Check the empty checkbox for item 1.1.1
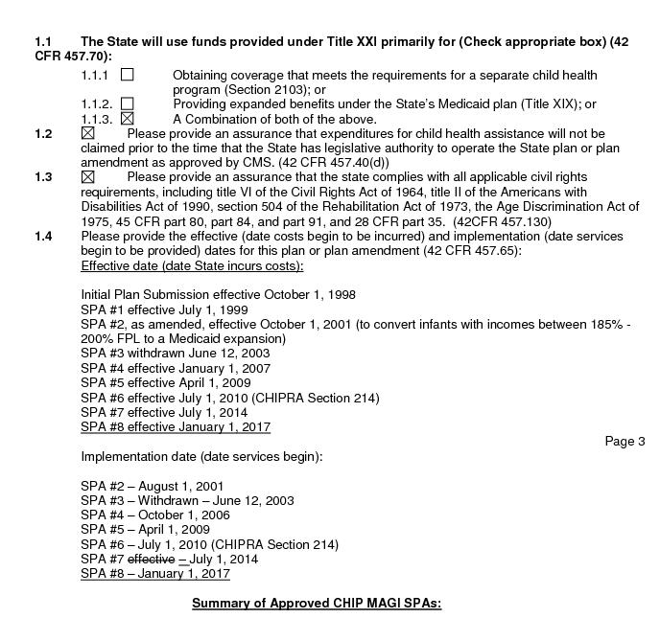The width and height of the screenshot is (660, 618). pos(127,75)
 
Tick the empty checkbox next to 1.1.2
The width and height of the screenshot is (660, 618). pos(127,103)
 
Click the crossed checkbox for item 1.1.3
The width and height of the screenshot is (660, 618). pos(127,119)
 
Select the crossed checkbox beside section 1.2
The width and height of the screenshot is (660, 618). pos(88,134)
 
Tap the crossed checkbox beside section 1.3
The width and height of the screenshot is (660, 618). pos(88,177)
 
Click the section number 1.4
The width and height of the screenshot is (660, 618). pos(43,237)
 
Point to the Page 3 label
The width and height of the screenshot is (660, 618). pos(625,442)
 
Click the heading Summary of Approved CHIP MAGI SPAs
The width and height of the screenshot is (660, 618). pos(316,604)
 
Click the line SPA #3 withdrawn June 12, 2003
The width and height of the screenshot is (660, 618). pos(175,354)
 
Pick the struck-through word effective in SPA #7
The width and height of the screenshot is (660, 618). pos(151,560)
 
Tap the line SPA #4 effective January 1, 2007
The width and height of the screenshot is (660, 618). pos(177,368)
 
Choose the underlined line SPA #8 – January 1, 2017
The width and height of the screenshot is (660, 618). pos(155,574)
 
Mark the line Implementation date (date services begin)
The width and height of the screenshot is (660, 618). pos(201,456)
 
